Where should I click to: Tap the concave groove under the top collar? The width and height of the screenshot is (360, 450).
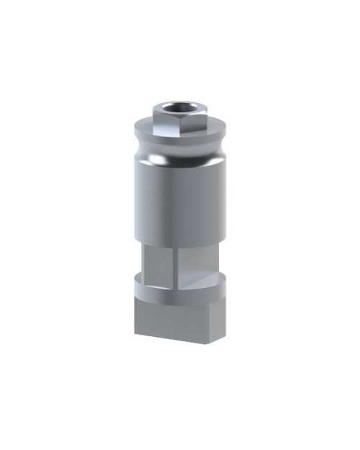[x=180, y=153]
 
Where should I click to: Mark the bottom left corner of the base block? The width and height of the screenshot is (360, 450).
[x=136, y=335]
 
